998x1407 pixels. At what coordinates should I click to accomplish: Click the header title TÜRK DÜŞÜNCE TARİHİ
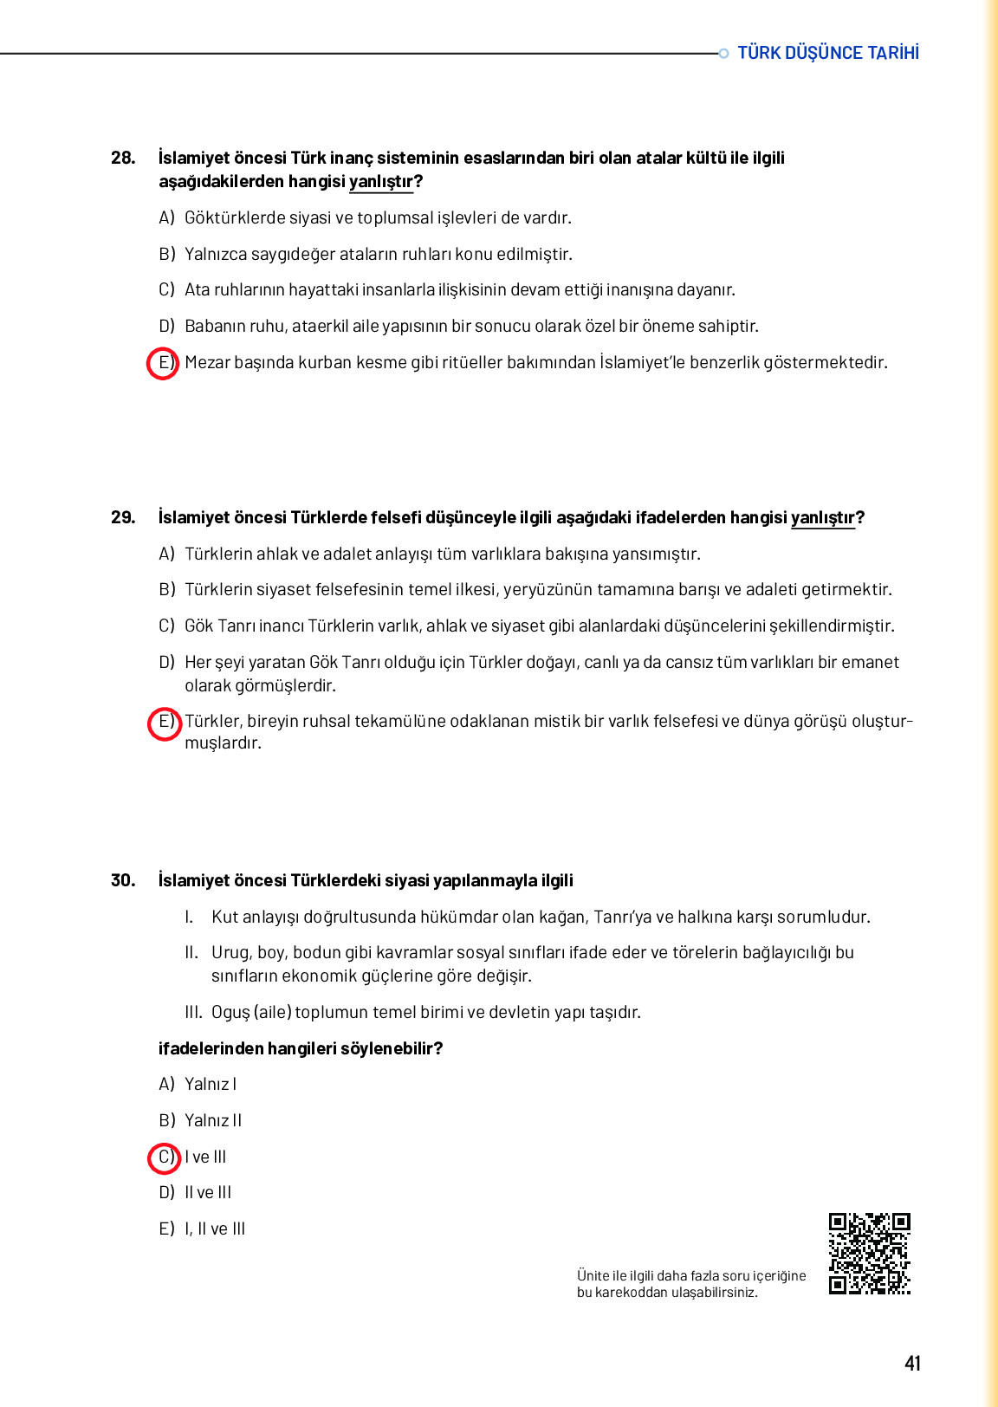point(827,53)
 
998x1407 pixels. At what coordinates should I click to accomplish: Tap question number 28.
point(123,158)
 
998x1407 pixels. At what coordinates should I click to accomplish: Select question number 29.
point(123,517)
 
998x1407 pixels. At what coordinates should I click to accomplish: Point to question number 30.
point(123,880)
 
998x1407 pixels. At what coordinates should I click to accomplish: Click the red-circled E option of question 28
point(163,363)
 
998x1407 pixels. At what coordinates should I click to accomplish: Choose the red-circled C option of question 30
point(164,1157)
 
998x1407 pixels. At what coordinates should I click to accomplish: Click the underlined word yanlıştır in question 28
point(381,182)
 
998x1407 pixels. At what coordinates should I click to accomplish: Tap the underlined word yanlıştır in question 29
point(822,518)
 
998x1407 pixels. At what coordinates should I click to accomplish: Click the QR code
point(869,1254)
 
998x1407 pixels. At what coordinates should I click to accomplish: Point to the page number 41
point(912,1363)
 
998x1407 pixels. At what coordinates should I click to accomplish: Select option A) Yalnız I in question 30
point(198,1085)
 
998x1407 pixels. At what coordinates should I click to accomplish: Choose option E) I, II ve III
point(202,1229)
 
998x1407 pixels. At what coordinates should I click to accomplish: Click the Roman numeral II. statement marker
point(191,953)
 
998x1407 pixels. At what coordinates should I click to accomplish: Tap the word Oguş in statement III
point(230,1013)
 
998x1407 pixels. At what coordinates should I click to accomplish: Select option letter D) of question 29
point(167,663)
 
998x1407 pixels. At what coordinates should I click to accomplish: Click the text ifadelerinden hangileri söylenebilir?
point(301,1049)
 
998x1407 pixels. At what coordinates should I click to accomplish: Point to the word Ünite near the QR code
point(593,1276)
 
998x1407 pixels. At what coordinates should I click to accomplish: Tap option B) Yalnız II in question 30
point(200,1121)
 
